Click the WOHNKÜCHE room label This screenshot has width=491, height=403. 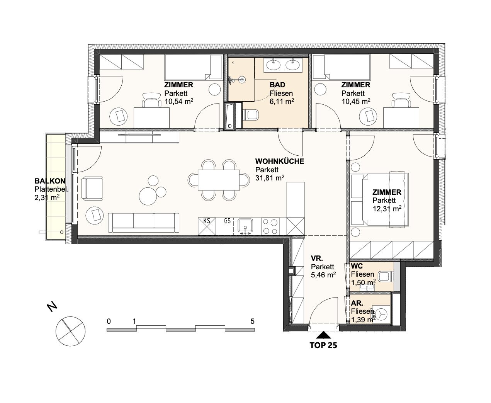point(279,162)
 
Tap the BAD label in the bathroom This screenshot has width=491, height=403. point(277,85)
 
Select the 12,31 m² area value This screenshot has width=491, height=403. point(387,209)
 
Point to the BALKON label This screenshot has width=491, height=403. point(50,181)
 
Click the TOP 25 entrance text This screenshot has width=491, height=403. point(323,345)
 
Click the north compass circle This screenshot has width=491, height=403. point(71,331)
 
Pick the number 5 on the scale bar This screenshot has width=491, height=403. point(252,321)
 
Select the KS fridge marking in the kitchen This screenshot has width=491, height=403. point(207,221)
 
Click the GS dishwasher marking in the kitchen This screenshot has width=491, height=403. point(227,221)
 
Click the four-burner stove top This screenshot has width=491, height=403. point(270,226)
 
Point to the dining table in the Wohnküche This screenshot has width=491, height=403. point(219,180)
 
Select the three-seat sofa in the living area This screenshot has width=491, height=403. point(143,223)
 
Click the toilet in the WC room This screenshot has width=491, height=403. point(386,277)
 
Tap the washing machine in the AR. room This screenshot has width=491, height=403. point(382,314)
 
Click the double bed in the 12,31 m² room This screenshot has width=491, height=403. point(379,199)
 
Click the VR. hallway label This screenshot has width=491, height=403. point(317,258)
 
